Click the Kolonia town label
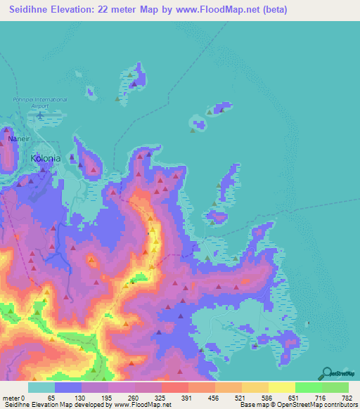(x=46, y=159)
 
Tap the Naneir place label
(x=19, y=139)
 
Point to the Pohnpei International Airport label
(x=39, y=103)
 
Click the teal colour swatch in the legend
(x=41, y=387)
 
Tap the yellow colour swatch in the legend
(x=281, y=387)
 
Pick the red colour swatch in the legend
(x=174, y=387)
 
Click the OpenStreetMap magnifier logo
(x=328, y=374)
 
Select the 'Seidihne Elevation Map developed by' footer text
(x=46, y=405)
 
